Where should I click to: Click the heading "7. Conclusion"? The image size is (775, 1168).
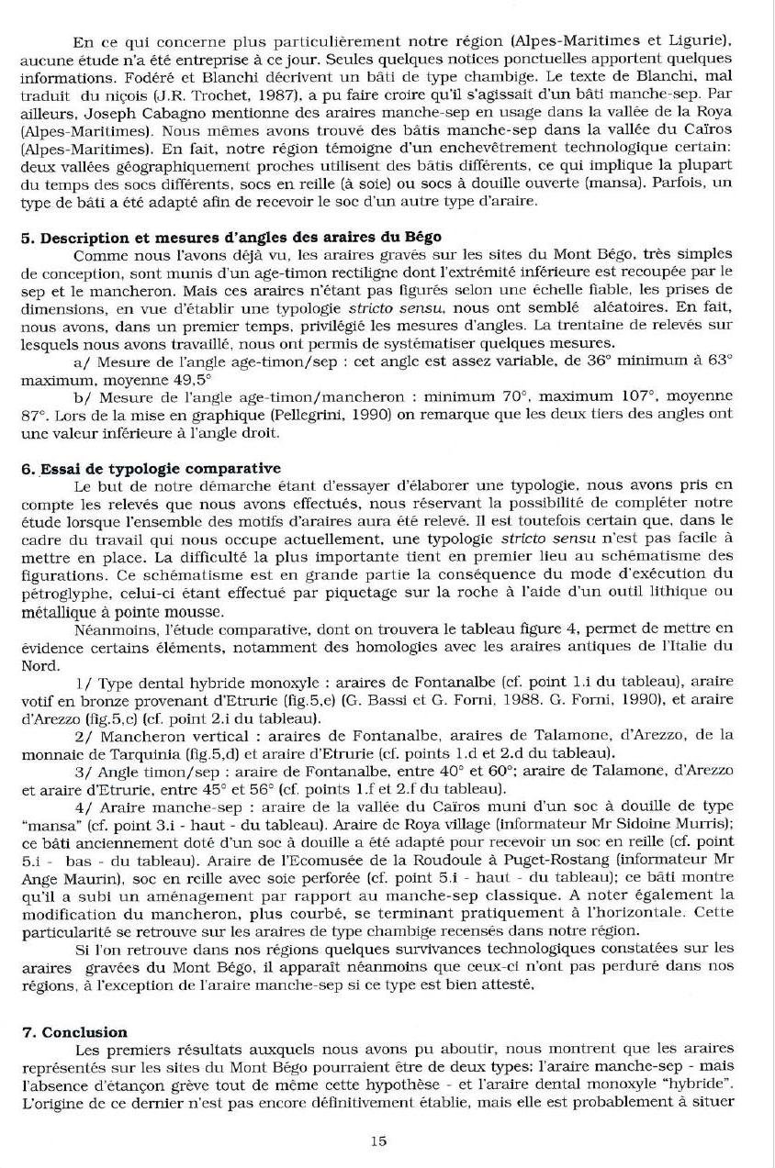click(x=74, y=1031)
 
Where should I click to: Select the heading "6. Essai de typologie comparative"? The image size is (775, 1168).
click(x=151, y=468)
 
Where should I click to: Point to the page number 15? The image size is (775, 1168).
click(x=378, y=1140)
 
